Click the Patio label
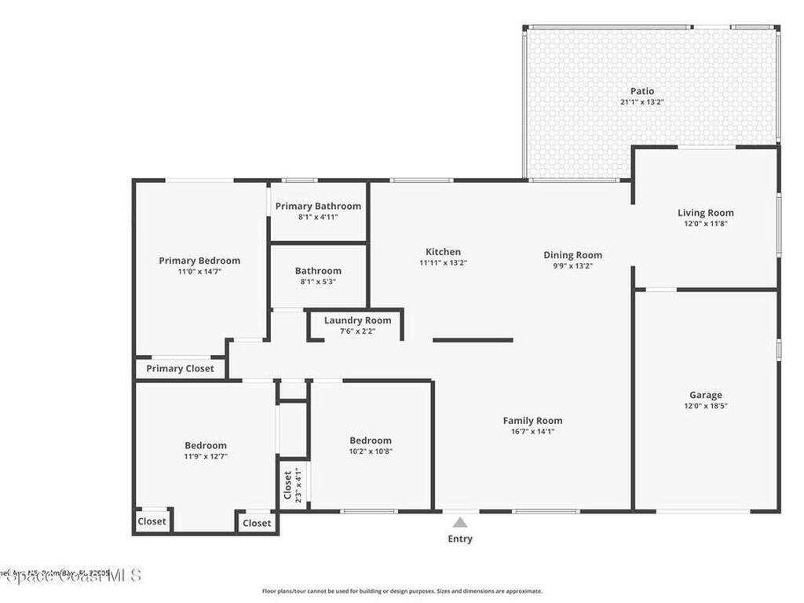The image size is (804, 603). (x=641, y=91)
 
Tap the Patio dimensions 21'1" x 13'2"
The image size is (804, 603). (x=641, y=102)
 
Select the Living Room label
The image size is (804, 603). (x=706, y=213)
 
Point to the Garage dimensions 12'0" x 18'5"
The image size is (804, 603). (x=705, y=406)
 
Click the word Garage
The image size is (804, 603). (x=705, y=395)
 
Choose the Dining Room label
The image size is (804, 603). (x=572, y=254)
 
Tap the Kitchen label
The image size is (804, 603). (x=443, y=252)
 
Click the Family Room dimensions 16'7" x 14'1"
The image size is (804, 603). (x=532, y=431)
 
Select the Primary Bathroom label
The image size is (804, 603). (x=318, y=206)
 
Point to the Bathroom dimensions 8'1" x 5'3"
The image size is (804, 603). (x=318, y=282)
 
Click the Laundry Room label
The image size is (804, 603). (x=357, y=320)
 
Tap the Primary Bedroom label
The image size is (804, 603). (x=199, y=261)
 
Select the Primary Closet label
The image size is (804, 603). (x=180, y=368)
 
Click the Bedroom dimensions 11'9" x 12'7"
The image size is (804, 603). (x=206, y=456)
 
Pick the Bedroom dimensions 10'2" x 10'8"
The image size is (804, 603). (x=370, y=451)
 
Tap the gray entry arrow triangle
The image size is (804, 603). (x=460, y=521)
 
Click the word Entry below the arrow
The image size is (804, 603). (x=460, y=539)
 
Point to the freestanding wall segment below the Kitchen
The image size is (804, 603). (x=473, y=340)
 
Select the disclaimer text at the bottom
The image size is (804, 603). (x=401, y=591)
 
